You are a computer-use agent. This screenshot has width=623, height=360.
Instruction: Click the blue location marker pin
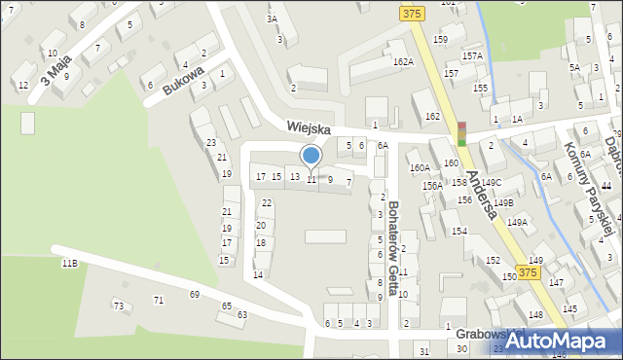[311, 156]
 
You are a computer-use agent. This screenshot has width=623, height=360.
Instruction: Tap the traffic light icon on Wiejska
[462, 134]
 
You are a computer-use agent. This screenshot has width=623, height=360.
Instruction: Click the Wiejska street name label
[309, 128]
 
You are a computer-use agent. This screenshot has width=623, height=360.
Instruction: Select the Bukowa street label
[183, 81]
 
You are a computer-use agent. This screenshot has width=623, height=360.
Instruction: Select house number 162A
[403, 61]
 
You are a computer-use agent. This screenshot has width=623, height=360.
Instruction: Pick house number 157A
[472, 55]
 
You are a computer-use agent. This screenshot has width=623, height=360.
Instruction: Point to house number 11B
[69, 264]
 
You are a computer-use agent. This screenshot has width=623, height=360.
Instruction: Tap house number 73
[119, 306]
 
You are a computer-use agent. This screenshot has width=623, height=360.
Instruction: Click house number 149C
[491, 182]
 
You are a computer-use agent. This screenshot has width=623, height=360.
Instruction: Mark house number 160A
[420, 167]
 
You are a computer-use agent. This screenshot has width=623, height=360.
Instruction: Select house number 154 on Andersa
[458, 231]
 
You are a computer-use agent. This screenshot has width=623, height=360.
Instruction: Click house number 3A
[273, 18]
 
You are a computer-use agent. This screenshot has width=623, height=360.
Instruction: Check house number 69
[195, 294]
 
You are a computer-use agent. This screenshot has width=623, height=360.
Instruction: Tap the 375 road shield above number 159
[411, 13]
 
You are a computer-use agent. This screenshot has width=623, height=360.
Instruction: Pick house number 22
[267, 202]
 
